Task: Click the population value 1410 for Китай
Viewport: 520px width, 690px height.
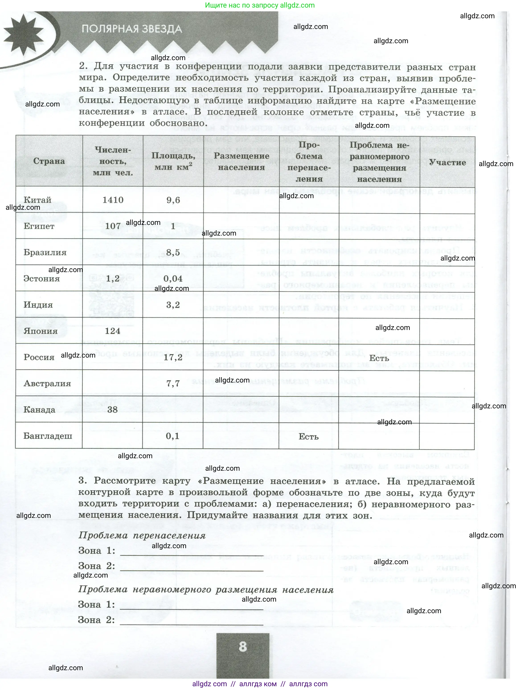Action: (113, 200)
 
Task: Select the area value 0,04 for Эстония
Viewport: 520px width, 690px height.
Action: (173, 279)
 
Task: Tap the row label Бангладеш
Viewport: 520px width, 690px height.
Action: (48, 436)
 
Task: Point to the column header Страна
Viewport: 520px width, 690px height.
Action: (49, 161)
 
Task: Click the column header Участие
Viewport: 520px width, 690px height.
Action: (447, 162)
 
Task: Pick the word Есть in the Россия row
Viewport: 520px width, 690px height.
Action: (379, 358)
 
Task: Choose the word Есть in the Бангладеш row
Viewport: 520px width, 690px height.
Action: (308, 436)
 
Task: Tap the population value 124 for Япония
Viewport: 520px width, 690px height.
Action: (113, 331)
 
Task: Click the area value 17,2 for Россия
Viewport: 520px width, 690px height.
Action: (173, 357)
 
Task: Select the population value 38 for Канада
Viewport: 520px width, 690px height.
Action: (112, 410)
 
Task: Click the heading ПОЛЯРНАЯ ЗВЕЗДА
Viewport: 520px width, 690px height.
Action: (132, 29)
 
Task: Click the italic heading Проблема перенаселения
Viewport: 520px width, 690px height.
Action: (142, 535)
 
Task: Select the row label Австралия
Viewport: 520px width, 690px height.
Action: (47, 383)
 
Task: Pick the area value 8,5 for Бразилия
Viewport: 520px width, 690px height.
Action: (173, 252)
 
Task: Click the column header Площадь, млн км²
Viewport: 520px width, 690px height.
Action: (173, 161)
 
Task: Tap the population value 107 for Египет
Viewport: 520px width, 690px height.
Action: (113, 226)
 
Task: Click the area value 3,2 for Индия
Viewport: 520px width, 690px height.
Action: (173, 305)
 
